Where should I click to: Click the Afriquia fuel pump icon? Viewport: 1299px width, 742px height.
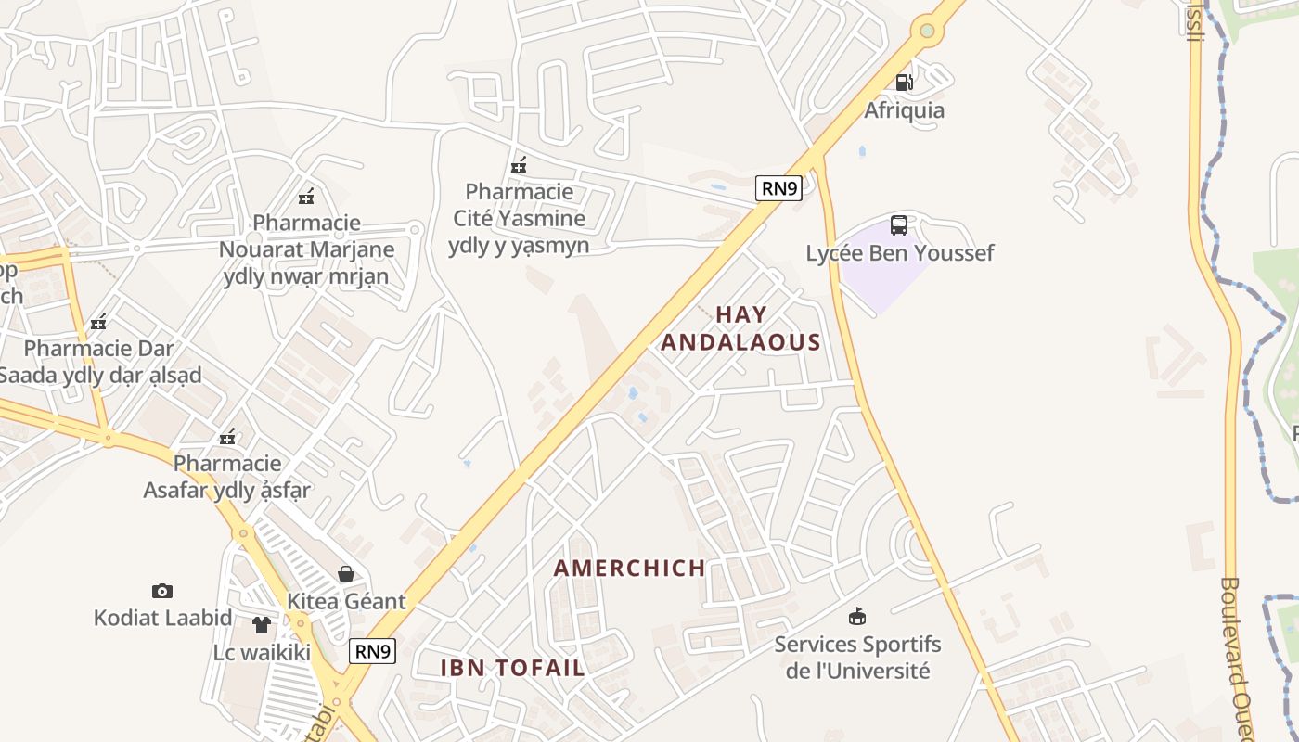pos(904,83)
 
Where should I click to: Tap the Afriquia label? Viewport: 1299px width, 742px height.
pos(904,110)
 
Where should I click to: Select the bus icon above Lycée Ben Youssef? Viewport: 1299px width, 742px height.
pos(899,225)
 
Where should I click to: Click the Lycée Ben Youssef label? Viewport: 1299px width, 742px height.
pos(899,253)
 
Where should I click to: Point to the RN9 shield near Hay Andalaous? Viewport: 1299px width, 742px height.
pos(778,188)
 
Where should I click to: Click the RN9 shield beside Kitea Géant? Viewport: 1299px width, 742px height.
pos(373,651)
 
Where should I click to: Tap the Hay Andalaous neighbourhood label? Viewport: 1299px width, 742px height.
pos(740,328)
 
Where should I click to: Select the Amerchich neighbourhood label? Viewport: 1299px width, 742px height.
pos(629,569)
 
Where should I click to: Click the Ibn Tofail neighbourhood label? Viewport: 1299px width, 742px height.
pos(512,668)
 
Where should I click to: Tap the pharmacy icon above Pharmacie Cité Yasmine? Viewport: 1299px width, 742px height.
pos(519,166)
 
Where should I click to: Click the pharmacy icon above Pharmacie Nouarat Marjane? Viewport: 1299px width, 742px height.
pos(306,197)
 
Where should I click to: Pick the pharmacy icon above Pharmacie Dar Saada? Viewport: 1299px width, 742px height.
pos(98,323)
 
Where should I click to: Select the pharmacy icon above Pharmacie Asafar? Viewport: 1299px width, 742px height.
pos(227,437)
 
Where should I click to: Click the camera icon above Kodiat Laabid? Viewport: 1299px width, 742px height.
pos(162,591)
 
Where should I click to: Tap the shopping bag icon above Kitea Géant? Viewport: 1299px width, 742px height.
pos(346,574)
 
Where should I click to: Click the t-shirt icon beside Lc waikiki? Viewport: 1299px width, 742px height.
pos(263,625)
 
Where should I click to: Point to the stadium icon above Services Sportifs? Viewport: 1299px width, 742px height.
pos(857,616)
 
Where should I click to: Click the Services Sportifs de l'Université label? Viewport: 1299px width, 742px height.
pos(857,657)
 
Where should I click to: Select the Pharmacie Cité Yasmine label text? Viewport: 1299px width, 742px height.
pos(519,219)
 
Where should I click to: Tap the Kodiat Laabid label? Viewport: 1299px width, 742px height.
pos(162,618)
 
